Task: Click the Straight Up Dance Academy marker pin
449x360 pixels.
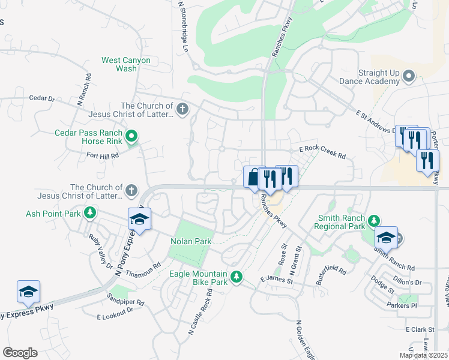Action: (x=409, y=76)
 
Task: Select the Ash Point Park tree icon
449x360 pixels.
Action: (x=90, y=213)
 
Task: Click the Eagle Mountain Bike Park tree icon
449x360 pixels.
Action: (x=237, y=277)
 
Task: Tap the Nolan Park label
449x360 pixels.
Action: (x=190, y=241)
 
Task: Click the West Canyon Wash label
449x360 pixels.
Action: (x=126, y=64)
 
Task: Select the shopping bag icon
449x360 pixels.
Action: (x=253, y=177)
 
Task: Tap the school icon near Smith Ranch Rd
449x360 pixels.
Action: (x=386, y=238)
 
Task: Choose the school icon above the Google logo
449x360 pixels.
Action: (x=28, y=291)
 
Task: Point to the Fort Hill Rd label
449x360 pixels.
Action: (x=103, y=155)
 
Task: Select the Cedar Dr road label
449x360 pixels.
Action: (x=41, y=98)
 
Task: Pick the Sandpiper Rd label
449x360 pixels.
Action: (x=126, y=299)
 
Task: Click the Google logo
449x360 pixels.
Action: (x=20, y=353)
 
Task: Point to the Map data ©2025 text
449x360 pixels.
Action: (x=423, y=355)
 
